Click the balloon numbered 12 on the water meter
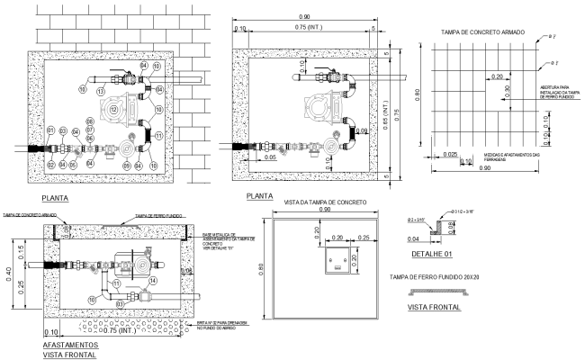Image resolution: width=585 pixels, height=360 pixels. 115,108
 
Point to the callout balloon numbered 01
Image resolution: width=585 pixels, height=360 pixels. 51,131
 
